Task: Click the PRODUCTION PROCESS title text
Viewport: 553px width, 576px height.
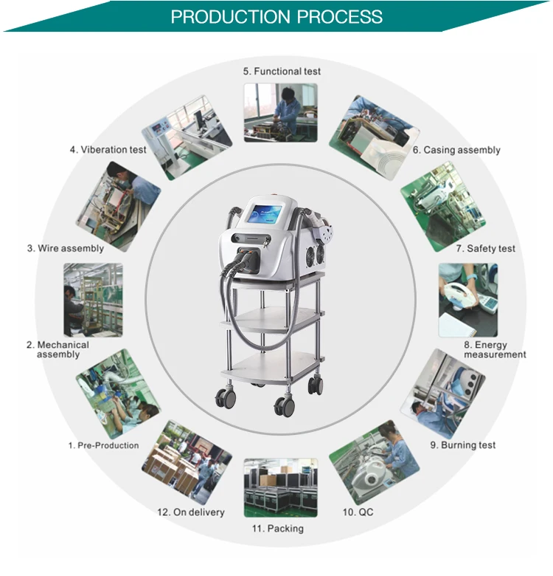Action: click(276, 16)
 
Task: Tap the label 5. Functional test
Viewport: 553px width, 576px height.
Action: click(282, 72)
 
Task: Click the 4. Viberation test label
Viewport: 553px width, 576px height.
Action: click(108, 149)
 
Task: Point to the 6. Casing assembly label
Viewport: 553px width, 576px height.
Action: click(456, 150)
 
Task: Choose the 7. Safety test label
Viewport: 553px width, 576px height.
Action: click(485, 249)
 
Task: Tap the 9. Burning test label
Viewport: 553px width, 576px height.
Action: click(463, 445)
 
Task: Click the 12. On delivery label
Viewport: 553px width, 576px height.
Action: click(190, 512)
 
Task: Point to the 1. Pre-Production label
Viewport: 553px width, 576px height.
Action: click(103, 445)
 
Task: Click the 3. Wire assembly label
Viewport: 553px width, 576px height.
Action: click(66, 249)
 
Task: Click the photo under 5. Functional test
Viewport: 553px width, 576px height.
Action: click(280, 112)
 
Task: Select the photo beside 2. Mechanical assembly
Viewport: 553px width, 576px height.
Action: click(93, 300)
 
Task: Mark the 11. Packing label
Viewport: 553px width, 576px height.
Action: click(276, 529)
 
